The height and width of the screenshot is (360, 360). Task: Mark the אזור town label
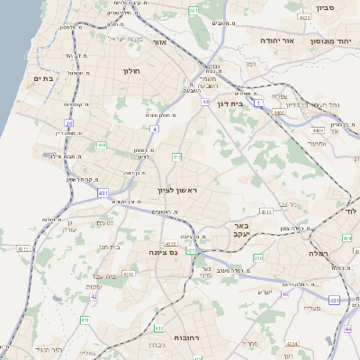pyautogui.click(x=160, y=42)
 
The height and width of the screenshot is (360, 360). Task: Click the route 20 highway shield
pyautogui.click(x=68, y=122)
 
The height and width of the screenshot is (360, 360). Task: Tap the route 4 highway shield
pyautogui.click(x=155, y=130)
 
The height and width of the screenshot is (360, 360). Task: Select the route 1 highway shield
pyautogui.click(x=258, y=103)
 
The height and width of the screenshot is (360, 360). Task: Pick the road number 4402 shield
pyautogui.click(x=279, y=112)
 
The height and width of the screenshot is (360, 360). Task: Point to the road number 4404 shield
pyautogui.click(x=319, y=156)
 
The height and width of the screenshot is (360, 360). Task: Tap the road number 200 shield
pyautogui.click(x=258, y=258)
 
